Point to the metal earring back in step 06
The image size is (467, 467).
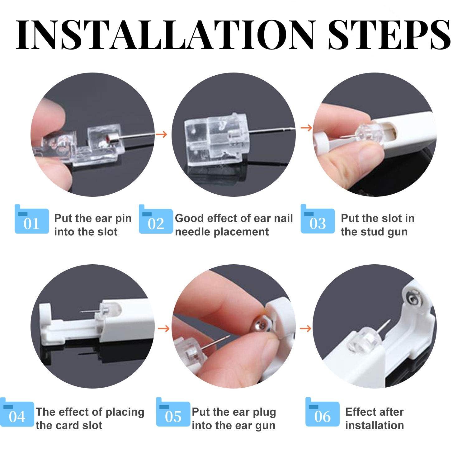point(412,299)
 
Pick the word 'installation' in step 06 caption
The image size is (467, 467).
point(375,425)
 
